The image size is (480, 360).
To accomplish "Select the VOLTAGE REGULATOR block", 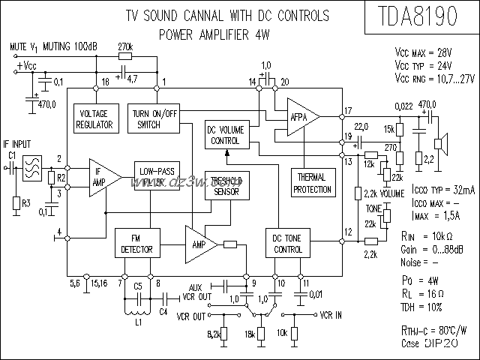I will tap(95, 119).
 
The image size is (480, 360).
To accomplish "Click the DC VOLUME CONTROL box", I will tap(225, 135).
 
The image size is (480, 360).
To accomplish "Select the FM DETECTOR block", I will tap(136, 244).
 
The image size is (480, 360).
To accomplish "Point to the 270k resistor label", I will tap(126, 46).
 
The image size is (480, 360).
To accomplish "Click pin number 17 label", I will tap(347, 111).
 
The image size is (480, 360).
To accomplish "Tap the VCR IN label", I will tap(332, 315).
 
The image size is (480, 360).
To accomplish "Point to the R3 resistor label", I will tap(26, 203).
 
